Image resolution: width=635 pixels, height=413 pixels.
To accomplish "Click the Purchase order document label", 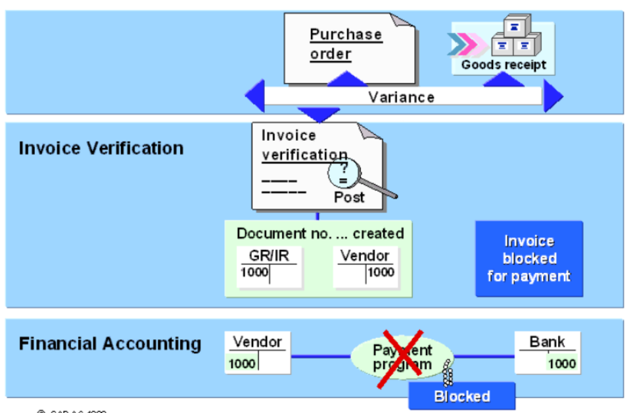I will coord(345,44).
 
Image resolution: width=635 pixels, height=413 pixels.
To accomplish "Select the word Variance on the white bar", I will coord(401,97).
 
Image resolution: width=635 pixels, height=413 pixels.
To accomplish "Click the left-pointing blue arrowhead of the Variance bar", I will coord(255,97).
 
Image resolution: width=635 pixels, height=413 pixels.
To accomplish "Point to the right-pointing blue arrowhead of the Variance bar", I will coord(553,97).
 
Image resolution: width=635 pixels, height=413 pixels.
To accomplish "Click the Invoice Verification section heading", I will coord(101,148).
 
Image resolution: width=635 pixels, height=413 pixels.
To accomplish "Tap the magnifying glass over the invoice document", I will coord(345,174).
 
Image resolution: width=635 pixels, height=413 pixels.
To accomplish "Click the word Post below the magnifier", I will coord(349,197).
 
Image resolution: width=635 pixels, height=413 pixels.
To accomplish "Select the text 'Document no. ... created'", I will coord(320,233).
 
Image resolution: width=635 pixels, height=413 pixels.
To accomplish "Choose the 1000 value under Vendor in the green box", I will coord(381,272).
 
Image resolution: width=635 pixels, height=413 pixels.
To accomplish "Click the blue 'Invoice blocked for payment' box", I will coord(529,258).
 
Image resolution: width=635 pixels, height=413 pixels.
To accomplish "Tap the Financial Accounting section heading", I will coord(110,343).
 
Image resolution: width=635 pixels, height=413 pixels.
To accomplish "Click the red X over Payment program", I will coord(399,356).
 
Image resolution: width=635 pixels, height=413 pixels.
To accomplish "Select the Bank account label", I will coord(547,341).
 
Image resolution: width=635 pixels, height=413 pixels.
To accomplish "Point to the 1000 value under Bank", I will coord(561,364).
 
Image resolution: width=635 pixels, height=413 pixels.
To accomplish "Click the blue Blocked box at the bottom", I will coord(462,396).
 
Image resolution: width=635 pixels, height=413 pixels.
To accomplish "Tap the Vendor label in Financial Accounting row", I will coord(258,341).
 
